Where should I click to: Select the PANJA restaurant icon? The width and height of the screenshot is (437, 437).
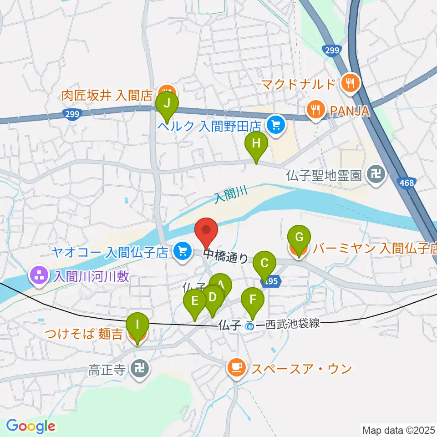(x=315, y=109)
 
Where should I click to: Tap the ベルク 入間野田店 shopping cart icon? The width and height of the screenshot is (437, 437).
(x=275, y=123)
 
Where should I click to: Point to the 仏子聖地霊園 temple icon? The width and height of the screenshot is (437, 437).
(x=376, y=174)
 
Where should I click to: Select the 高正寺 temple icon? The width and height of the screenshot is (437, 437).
(x=138, y=368)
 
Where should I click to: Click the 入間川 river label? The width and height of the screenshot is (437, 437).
(x=231, y=196)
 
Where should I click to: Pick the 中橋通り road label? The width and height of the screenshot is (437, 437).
(x=226, y=256)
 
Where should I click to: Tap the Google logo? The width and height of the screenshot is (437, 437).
(x=31, y=427)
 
